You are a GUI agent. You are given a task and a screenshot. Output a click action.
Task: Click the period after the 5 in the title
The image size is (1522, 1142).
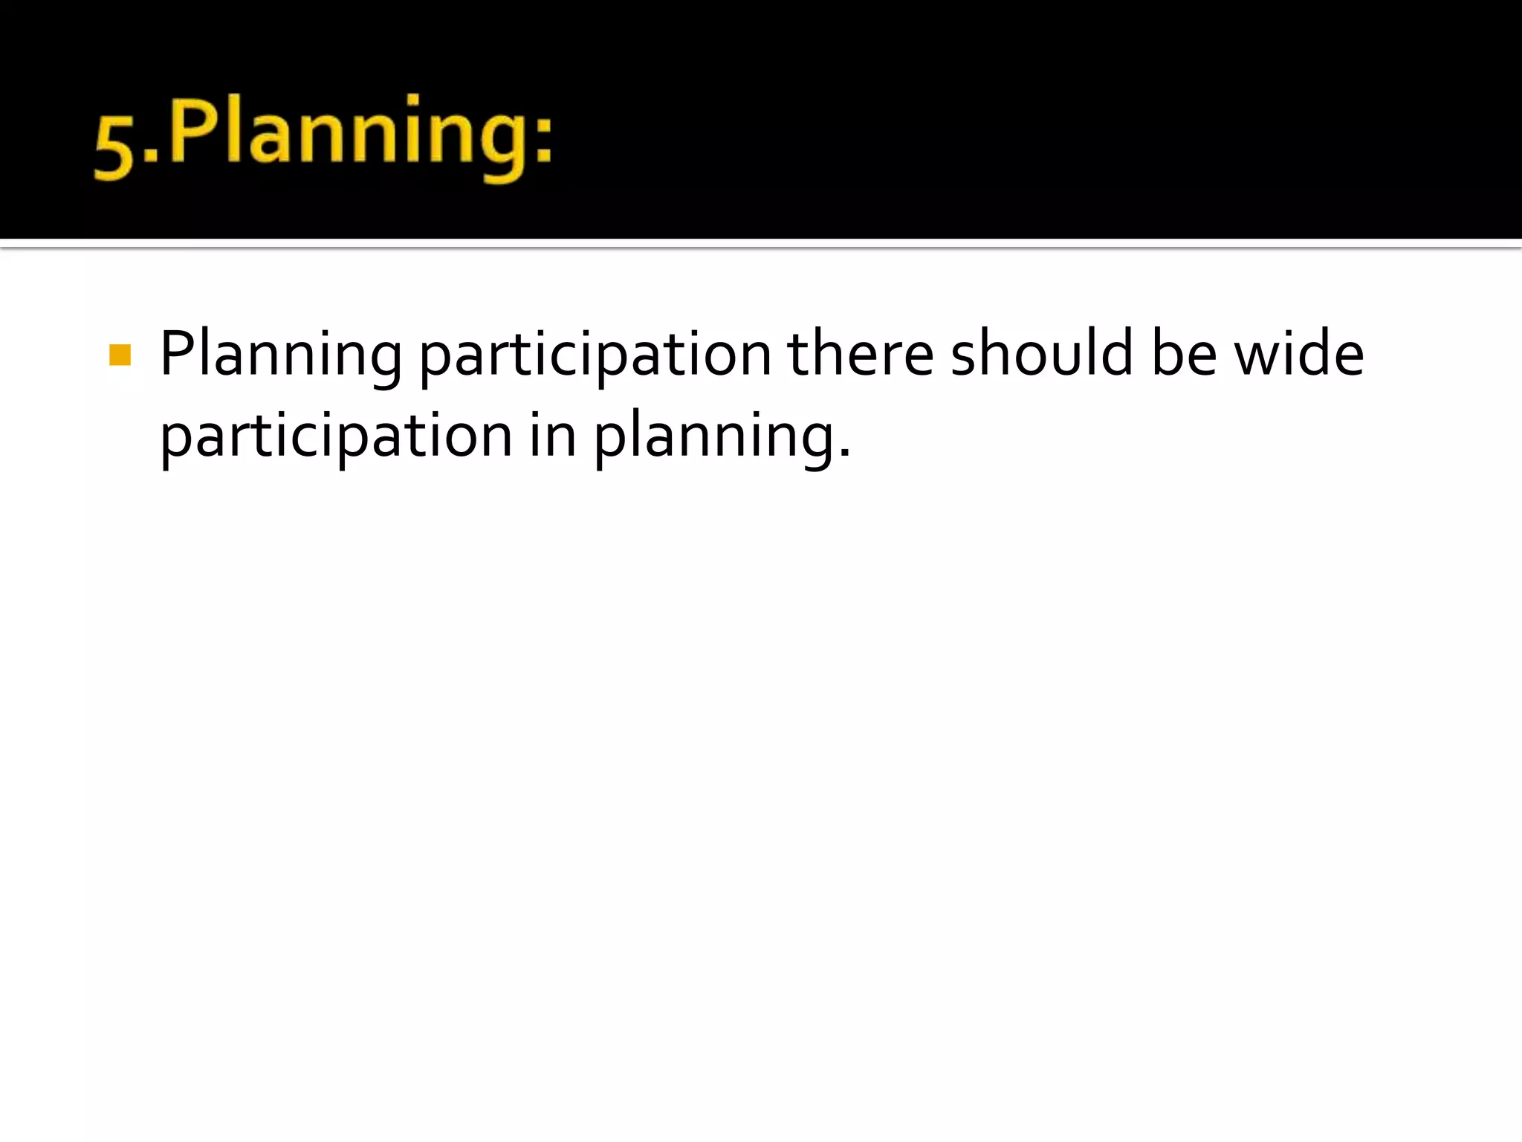(151, 156)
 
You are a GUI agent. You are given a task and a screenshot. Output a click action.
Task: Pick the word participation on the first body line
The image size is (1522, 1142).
(595, 355)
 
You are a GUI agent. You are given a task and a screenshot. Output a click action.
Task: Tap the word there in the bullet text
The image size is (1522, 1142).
(860, 354)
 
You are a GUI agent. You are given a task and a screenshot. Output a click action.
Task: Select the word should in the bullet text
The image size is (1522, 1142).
(1042, 354)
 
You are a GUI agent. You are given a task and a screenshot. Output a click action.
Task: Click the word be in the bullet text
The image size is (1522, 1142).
(1184, 354)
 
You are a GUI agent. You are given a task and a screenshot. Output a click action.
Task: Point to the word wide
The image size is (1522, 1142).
(1298, 354)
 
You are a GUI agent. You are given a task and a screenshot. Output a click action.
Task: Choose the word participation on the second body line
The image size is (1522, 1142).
(336, 437)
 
